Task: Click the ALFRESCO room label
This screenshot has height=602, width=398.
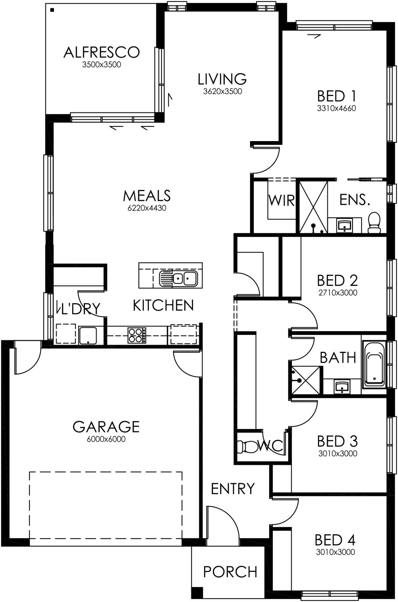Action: pos(101,52)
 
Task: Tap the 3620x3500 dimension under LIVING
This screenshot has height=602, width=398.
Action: pos(222,91)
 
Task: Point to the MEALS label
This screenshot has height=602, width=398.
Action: pos(147,196)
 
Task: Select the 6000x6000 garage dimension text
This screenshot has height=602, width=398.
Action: pos(106,439)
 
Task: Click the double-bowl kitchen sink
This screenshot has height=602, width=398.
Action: pos(178,278)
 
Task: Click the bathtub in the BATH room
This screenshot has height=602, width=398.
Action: pos(374,364)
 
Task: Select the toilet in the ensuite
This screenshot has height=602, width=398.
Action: pos(374,222)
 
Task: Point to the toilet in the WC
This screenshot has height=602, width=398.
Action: pos(247,447)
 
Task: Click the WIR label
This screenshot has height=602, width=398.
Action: pos(281,200)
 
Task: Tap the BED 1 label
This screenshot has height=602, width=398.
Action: pos(336,96)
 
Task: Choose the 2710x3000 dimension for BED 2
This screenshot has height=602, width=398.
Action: pos(337,292)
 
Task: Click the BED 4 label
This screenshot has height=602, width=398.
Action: pos(335,540)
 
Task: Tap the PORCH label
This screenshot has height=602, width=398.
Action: pos(230,572)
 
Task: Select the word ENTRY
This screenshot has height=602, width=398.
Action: pos(233,489)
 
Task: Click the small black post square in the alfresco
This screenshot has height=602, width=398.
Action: pos(52,10)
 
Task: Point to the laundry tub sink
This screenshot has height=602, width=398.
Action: pos(88,335)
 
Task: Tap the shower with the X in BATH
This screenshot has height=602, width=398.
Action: pos(306,380)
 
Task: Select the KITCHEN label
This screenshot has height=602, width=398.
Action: pos(163,305)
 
